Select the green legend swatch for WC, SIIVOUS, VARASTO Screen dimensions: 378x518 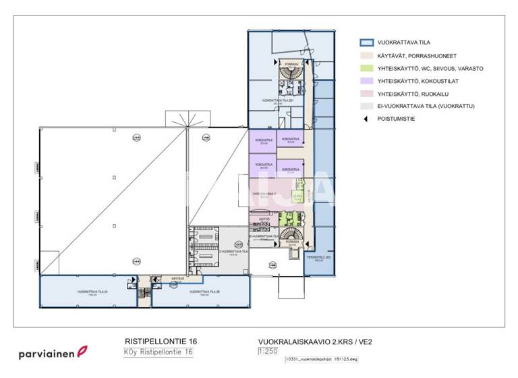click(366, 69)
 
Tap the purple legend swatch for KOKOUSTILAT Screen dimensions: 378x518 click(366, 81)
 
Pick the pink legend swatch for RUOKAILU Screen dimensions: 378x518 click(366, 94)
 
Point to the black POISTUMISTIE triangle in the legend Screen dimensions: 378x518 click(366, 119)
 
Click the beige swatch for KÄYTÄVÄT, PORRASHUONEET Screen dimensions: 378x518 click(366, 56)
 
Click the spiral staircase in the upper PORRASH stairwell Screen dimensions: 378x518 click(291, 73)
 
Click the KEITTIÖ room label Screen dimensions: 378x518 click(264, 219)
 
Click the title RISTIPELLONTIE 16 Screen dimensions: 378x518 click(161, 342)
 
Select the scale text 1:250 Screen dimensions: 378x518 click(268, 352)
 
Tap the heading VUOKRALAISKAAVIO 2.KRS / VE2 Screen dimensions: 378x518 click(315, 342)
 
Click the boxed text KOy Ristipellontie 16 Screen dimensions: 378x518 click(158, 352)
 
